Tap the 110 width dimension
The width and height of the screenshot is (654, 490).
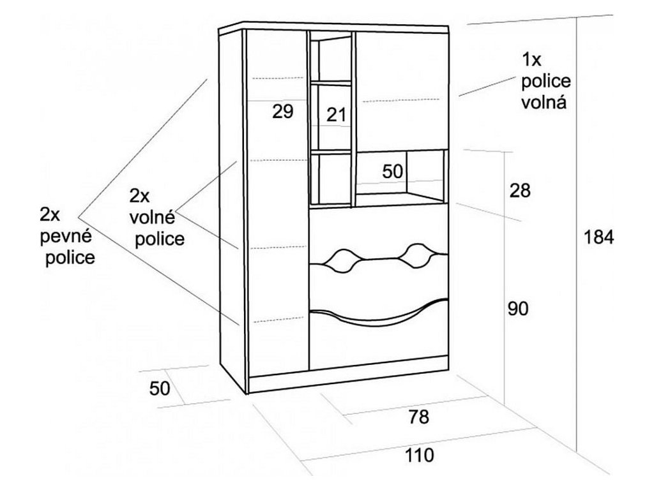418,456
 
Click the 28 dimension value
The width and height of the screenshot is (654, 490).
520,190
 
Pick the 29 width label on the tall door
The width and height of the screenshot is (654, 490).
282,112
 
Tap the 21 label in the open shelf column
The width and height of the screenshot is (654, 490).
336,115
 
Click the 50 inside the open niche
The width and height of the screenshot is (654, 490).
393,171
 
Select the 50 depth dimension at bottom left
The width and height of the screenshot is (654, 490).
160,388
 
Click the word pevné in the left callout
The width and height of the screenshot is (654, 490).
66,236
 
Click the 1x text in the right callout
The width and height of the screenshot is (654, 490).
531,61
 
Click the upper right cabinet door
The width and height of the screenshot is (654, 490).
401,89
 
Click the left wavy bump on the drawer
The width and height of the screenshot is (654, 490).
342,258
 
